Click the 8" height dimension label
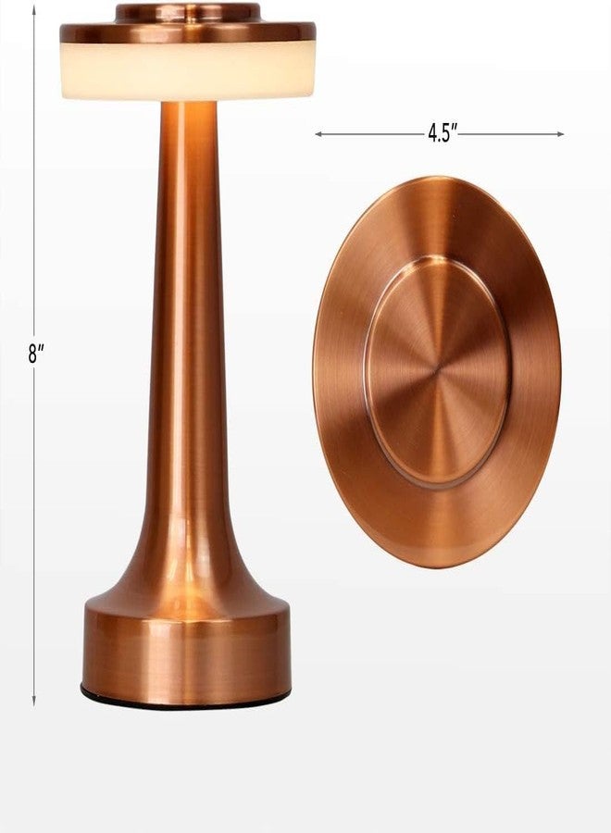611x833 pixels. [x=36, y=354]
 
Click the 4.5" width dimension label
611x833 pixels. [x=443, y=132]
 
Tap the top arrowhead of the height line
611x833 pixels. [x=34, y=9]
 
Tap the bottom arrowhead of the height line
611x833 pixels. [x=34, y=702]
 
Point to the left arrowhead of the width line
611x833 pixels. [x=319, y=134]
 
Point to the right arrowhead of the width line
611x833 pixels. [x=559, y=134]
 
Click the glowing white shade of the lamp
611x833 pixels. [x=187, y=71]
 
